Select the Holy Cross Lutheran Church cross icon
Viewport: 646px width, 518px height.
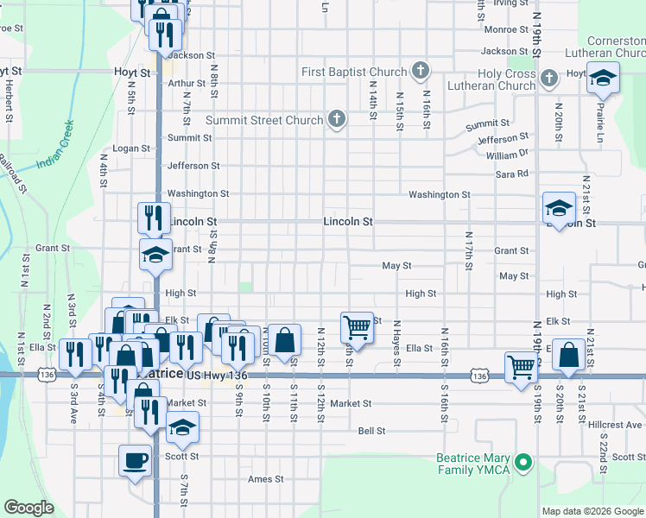click(x=548, y=80)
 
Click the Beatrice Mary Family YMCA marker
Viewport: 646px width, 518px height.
click(x=522, y=464)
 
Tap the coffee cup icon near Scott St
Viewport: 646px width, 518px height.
click(x=135, y=461)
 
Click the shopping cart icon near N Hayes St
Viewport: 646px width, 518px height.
click(x=357, y=327)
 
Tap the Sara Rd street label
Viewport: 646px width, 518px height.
click(x=511, y=174)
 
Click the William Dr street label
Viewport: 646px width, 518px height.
click(x=506, y=155)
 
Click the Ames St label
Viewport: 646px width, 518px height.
click(x=265, y=479)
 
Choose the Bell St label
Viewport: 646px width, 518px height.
click(x=371, y=430)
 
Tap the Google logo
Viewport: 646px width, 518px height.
click(x=29, y=508)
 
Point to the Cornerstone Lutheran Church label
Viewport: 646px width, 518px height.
click(x=615, y=47)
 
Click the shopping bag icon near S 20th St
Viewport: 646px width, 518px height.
click(x=569, y=354)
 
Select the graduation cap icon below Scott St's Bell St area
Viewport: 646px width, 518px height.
click(x=182, y=426)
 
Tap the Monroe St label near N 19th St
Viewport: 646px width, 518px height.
click(x=505, y=29)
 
